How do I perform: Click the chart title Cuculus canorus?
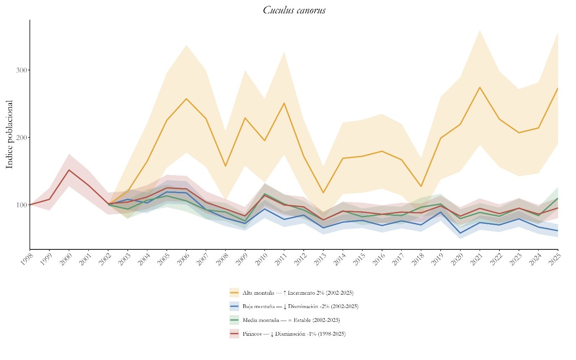pyautogui.click(x=294, y=10)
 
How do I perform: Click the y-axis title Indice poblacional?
pyautogui.click(x=10, y=134)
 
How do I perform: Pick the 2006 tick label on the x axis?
pyautogui.click(x=182, y=258)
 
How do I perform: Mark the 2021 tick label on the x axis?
pyautogui.click(x=476, y=258)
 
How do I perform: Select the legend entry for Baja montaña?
pyautogui.click(x=300, y=306)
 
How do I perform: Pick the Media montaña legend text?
pyautogui.click(x=291, y=320)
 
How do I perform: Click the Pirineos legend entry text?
pyautogui.click(x=294, y=334)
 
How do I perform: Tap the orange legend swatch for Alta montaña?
pyautogui.click(x=234, y=293)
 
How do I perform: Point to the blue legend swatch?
pyautogui.click(x=234, y=306)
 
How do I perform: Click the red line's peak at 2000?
pyautogui.click(x=69, y=170)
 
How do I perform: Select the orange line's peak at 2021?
pyautogui.click(x=479, y=87)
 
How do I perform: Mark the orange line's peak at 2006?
pyautogui.click(x=186, y=98)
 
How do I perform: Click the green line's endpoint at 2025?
pyautogui.click(x=558, y=198)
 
